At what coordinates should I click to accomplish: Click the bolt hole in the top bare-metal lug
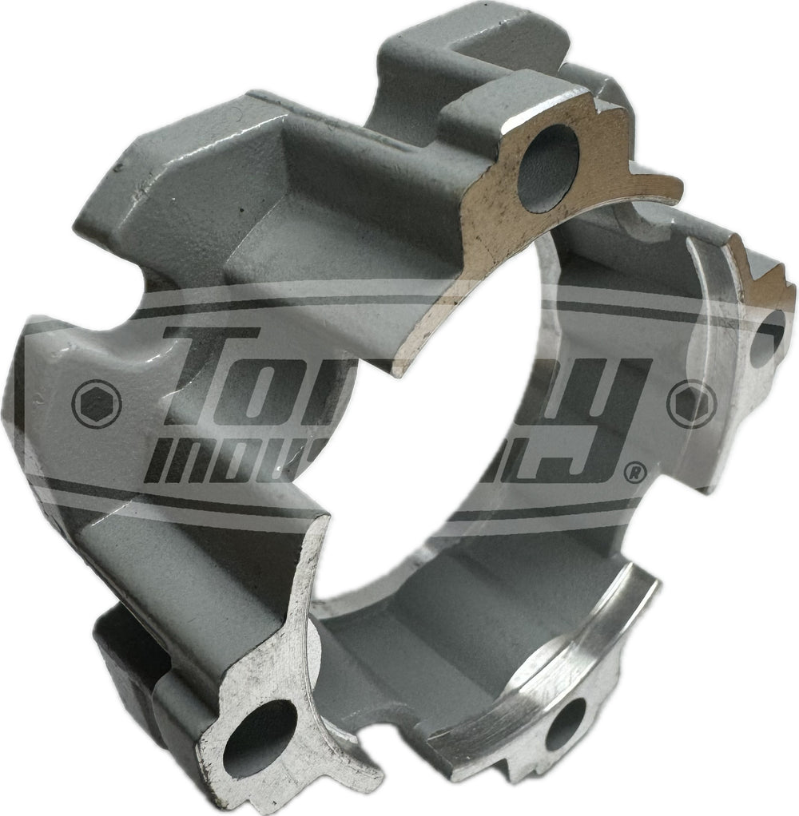(x=548, y=168)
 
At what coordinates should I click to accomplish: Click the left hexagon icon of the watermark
(x=97, y=403)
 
